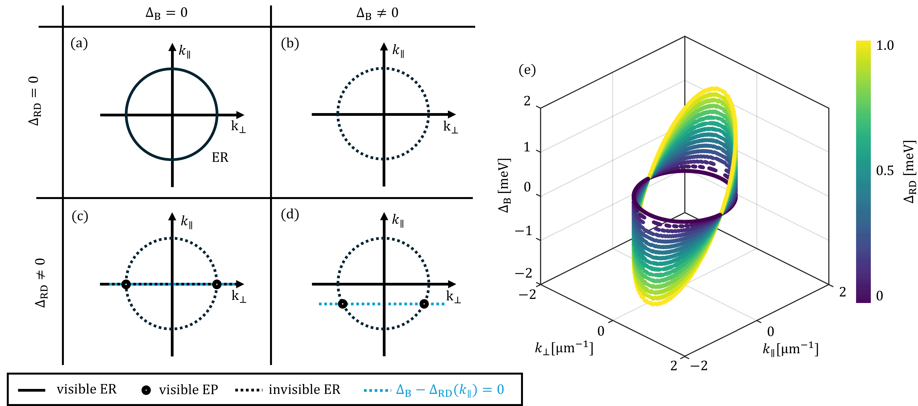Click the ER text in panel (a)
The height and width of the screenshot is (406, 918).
(220, 157)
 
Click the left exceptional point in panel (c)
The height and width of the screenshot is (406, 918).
(126, 284)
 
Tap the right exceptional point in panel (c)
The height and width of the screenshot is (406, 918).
(217, 284)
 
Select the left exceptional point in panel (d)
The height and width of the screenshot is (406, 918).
(342, 304)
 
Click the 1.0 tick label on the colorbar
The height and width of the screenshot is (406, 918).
(885, 46)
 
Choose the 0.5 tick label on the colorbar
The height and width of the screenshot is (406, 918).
(885, 171)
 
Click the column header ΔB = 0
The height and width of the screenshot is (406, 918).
(166, 13)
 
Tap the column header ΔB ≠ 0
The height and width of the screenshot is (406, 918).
(377, 13)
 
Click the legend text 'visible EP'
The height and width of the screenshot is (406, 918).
(188, 390)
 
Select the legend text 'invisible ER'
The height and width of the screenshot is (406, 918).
(304, 390)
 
